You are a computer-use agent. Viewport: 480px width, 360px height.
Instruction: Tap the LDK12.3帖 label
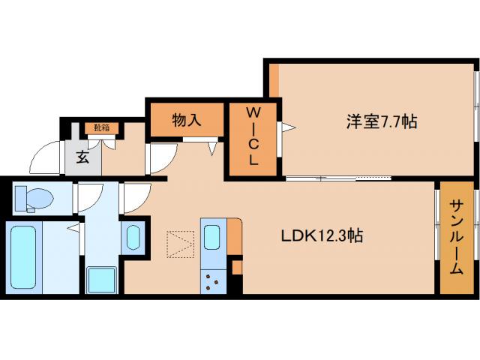pyautogui.click(x=322, y=235)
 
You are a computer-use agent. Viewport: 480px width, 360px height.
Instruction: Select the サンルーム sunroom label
pyautogui.click(x=456, y=237)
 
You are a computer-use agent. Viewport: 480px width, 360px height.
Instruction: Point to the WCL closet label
pyautogui.click(x=253, y=136)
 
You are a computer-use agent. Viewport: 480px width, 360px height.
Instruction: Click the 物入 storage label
pyautogui.click(x=186, y=120)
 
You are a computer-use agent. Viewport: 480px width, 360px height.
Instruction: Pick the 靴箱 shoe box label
pyautogui.click(x=101, y=128)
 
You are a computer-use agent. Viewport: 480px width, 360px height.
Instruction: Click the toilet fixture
pyautogui.click(x=34, y=198)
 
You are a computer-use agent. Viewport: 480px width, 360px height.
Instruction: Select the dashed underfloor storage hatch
pyautogui.click(x=180, y=242)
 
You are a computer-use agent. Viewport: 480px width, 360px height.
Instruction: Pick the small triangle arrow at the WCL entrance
pyautogui.click(x=284, y=127)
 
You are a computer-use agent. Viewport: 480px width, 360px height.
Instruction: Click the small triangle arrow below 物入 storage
pyautogui.click(x=212, y=149)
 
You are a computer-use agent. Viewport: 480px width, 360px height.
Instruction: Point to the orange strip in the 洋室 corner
pyautogui.click(x=274, y=79)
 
